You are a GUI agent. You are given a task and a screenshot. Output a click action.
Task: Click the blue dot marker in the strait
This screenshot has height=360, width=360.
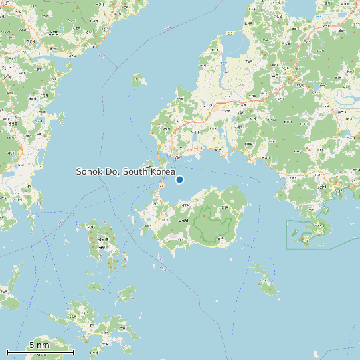click(x=179, y=179)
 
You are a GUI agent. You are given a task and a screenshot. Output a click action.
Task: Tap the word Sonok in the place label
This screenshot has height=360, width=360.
click(x=89, y=172)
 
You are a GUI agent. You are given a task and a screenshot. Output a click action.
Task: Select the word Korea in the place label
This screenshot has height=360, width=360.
click(x=162, y=172)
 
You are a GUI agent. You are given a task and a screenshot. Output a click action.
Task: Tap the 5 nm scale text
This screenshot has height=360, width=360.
click(x=39, y=345)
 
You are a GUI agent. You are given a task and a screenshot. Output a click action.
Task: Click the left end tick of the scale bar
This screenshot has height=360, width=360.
click(x=7, y=351)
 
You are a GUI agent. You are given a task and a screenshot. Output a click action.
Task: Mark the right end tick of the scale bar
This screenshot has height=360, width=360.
click(x=74, y=351)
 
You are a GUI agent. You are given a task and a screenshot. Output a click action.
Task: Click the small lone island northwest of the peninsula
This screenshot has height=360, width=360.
click(x=138, y=82)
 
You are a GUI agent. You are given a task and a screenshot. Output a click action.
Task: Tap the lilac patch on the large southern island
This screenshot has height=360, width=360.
click(x=174, y=236)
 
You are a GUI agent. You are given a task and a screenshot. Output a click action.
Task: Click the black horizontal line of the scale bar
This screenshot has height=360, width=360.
click(x=40, y=352)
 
